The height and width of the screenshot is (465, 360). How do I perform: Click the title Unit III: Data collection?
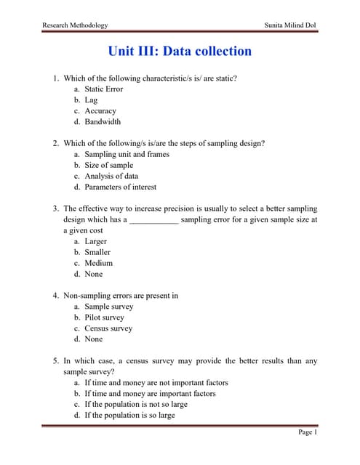coord(180,51)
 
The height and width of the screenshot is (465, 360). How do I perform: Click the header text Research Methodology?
coord(75,25)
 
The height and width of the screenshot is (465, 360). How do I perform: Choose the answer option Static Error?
coord(104,89)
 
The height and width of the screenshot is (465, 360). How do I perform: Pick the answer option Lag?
coord(91,100)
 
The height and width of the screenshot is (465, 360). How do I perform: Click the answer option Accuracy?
coord(100,111)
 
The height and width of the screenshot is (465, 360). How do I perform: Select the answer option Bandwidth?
coord(103,122)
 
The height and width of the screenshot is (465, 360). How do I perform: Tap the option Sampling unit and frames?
coord(127,154)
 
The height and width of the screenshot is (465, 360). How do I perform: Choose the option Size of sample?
coord(109,165)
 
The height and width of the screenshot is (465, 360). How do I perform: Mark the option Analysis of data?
coord(111,176)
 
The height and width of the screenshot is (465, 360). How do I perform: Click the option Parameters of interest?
coord(120,187)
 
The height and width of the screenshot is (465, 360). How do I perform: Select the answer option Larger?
coord(95,241)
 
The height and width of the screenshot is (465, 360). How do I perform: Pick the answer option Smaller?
coord(97,252)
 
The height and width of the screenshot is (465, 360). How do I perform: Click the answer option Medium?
coord(98,263)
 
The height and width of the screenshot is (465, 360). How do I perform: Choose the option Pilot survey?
coord(104,318)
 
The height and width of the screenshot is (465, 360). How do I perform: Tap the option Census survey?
coord(108,328)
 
